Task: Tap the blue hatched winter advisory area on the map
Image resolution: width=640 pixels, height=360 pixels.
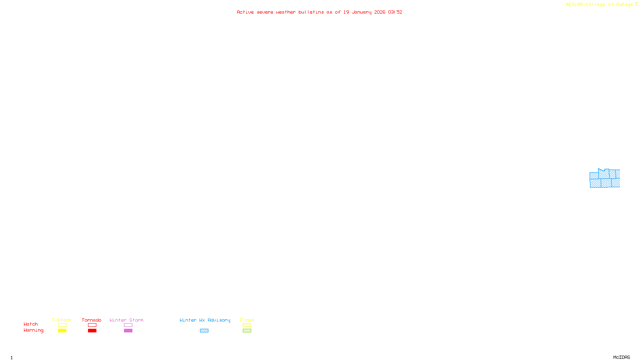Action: (x=605, y=179)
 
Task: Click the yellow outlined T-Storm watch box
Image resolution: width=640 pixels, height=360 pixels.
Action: (x=62, y=325)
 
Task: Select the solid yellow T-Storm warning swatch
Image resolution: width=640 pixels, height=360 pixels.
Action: (x=62, y=331)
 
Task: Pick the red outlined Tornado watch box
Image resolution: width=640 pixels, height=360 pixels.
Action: (x=92, y=325)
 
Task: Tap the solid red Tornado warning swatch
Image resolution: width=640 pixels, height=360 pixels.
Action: (x=92, y=331)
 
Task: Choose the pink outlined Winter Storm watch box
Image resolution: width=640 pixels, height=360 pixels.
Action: (x=128, y=325)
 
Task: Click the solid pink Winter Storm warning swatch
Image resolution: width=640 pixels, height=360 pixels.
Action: (x=128, y=331)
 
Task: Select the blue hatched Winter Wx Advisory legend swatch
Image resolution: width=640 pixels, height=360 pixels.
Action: (x=204, y=331)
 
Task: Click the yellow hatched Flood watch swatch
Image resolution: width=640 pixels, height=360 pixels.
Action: (x=247, y=325)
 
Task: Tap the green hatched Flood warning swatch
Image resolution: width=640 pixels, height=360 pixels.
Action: (x=247, y=331)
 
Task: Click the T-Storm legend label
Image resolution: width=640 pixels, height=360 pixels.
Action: (x=62, y=320)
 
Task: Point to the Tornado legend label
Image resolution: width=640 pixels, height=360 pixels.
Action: (x=92, y=320)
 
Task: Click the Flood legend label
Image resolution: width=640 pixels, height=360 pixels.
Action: (x=247, y=320)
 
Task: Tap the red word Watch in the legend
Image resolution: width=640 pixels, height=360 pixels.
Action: (x=31, y=324)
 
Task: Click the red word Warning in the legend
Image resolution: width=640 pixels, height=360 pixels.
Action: (x=33, y=330)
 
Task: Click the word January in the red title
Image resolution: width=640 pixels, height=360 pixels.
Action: (x=362, y=12)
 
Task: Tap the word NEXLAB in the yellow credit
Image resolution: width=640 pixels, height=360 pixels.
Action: (x=574, y=4)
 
